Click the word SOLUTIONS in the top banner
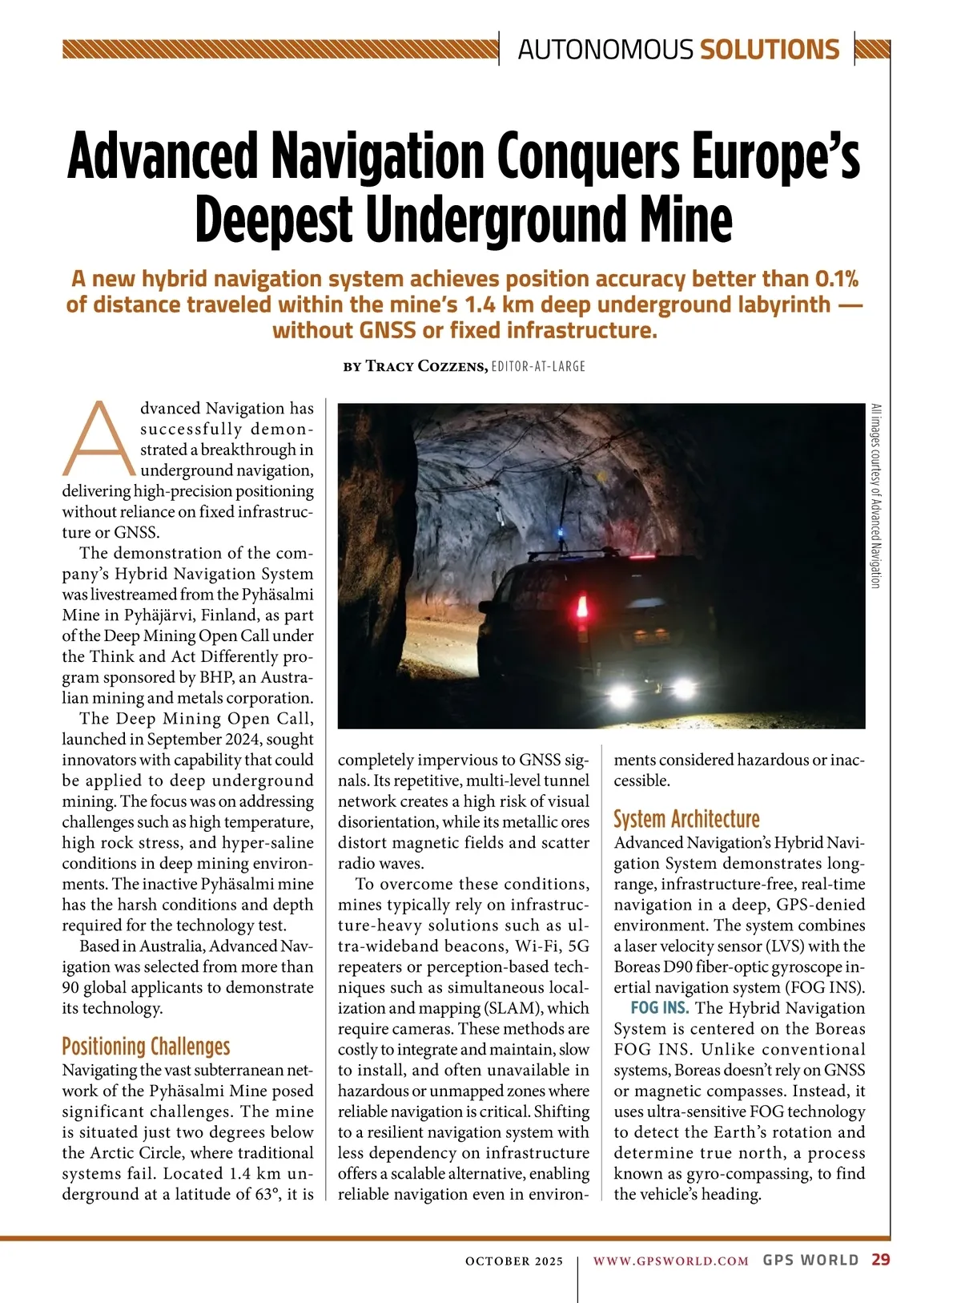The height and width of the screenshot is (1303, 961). [x=770, y=50]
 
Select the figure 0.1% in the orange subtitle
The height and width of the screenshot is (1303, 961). [x=836, y=279]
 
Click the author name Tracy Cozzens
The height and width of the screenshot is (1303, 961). [x=426, y=366]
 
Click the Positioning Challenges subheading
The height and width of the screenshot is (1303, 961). [x=146, y=1047]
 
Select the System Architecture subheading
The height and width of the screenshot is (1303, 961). [x=686, y=819]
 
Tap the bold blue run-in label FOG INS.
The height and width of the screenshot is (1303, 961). [x=659, y=1008]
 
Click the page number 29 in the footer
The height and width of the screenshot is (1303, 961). [x=880, y=1260]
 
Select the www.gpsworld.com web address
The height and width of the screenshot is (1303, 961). [x=670, y=1261]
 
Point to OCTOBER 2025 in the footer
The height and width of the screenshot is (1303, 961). [x=514, y=1261]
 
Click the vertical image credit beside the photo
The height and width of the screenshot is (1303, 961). [x=875, y=496]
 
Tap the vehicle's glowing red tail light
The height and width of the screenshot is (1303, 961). [x=582, y=606]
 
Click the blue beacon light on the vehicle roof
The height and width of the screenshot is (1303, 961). [x=561, y=535]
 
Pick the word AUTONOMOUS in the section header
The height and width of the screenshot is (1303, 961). [x=605, y=50]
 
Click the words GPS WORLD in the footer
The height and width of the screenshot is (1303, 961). [x=810, y=1260]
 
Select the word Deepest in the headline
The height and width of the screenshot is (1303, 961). [x=274, y=219]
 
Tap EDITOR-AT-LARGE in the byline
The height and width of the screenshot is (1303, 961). [x=538, y=366]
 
